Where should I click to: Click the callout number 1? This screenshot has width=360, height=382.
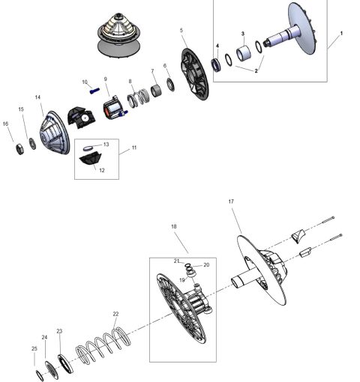click(341, 34)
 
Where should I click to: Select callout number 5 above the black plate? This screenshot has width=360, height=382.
click(181, 30)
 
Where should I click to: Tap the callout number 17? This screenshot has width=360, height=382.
click(231, 201)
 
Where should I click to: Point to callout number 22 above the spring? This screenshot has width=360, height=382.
click(115, 314)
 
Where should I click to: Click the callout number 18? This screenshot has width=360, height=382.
click(174, 225)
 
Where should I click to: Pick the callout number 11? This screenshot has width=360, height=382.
click(134, 148)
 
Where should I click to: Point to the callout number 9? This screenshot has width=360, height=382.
click(106, 79)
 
